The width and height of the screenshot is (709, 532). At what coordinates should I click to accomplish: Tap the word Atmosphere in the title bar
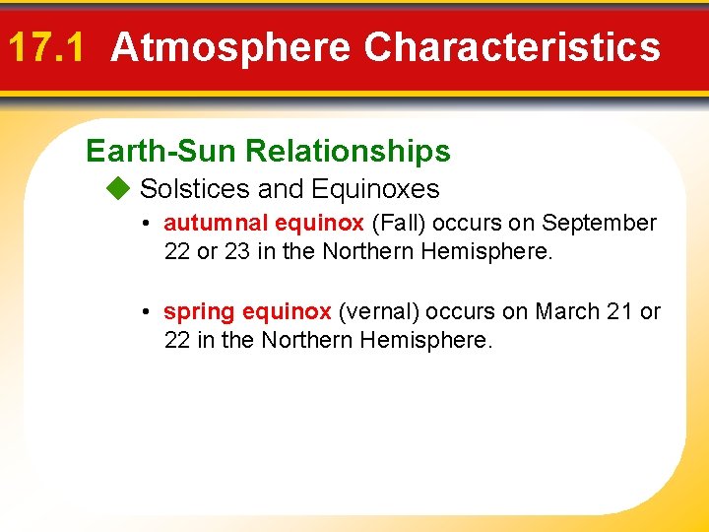pos(230,47)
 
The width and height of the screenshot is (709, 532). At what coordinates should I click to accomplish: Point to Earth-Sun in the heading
pos(161,151)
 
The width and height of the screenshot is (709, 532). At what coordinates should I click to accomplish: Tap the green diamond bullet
pos(118,188)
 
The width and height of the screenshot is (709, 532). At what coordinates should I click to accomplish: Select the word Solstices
pos(195,188)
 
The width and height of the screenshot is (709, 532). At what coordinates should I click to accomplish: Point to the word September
pos(599,224)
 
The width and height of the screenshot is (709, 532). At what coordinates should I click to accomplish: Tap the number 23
pos(237,252)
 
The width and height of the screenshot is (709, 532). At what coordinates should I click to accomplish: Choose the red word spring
pos(199,312)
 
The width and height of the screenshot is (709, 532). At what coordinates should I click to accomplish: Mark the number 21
pos(618,312)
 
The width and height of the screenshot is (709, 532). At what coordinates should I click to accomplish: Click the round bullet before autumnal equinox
pos(144,225)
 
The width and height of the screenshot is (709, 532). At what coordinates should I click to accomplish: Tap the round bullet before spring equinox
pos(144,313)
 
